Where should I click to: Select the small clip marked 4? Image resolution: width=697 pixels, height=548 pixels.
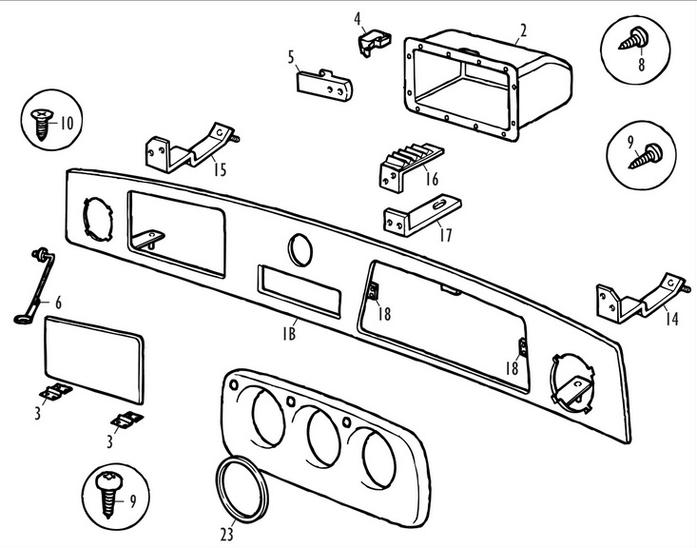tap(369, 41)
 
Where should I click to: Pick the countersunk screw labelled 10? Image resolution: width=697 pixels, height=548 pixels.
tap(43, 122)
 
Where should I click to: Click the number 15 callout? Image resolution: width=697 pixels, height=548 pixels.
tap(219, 170)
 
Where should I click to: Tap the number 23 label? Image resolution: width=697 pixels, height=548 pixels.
tap(227, 529)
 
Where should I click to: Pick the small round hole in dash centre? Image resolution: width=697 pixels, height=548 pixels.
tap(300, 250)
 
